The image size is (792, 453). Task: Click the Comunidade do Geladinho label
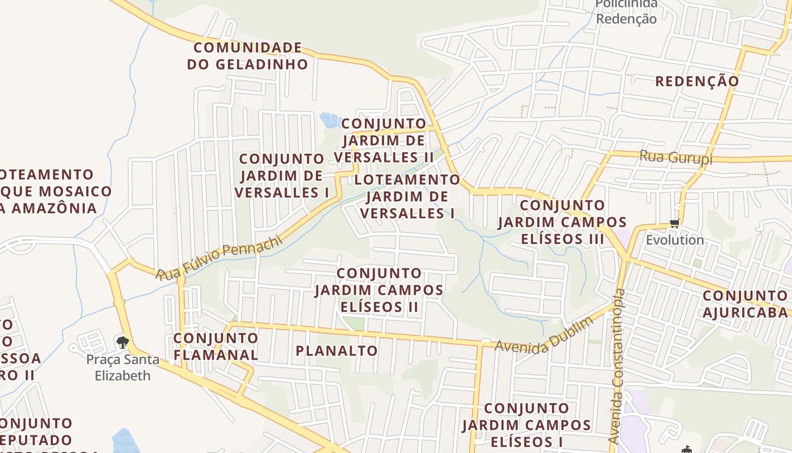pyautogui.click(x=247, y=55)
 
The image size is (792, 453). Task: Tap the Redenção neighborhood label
pyautogui.click(x=697, y=81)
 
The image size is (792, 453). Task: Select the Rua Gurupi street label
pyautogui.click(x=675, y=157)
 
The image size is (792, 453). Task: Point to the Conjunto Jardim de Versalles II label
pyautogui.click(x=384, y=140)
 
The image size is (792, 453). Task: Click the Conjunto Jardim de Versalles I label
pyautogui.click(x=281, y=176)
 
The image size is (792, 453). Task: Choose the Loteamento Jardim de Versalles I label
pyautogui.click(x=407, y=196)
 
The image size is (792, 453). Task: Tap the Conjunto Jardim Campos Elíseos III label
pyautogui.click(x=562, y=222)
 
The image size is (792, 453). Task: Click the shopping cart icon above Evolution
pyautogui.click(x=674, y=224)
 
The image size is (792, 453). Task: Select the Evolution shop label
pyautogui.click(x=675, y=240)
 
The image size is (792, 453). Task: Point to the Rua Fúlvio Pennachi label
pyautogui.click(x=219, y=259)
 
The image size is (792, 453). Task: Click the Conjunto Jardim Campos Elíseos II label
pyautogui.click(x=379, y=290)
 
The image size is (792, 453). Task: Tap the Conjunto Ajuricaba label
pyautogui.click(x=745, y=304)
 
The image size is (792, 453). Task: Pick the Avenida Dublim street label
pyautogui.click(x=544, y=334)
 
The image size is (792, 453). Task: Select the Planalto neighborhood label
pyautogui.click(x=337, y=351)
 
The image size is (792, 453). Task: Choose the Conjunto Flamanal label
pyautogui.click(x=216, y=347)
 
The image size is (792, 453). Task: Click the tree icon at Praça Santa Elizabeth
pyautogui.click(x=122, y=343)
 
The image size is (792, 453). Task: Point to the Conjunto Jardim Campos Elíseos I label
pyautogui.click(x=527, y=425)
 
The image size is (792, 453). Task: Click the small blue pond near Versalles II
pyautogui.click(x=329, y=119)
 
